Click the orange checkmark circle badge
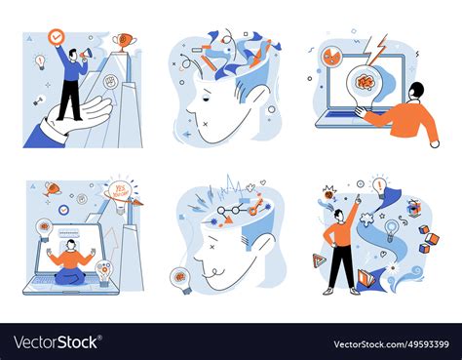(x=57, y=37)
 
